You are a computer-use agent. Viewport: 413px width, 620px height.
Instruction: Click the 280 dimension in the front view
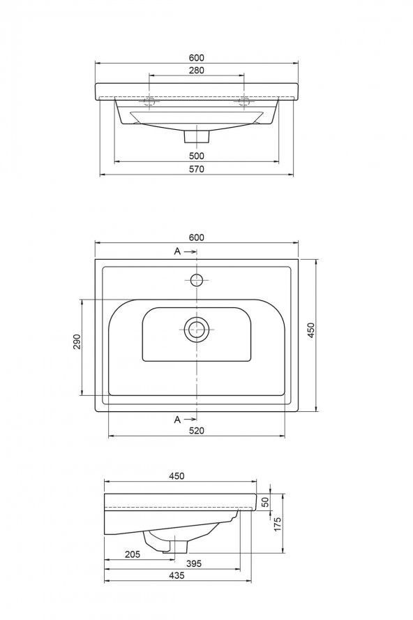(196, 71)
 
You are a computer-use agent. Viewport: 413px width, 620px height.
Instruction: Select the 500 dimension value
(196, 156)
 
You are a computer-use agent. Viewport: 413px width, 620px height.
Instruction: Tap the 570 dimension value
(196, 170)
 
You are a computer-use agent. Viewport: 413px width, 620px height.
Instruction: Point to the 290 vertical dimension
(77, 341)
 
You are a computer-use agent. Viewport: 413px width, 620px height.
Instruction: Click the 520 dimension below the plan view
(196, 431)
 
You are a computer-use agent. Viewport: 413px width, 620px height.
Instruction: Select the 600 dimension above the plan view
(196, 237)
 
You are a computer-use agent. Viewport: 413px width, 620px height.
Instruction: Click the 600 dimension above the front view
(196, 57)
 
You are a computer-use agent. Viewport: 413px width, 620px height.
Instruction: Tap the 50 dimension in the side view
(264, 501)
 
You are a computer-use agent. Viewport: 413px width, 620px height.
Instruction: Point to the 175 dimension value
(277, 524)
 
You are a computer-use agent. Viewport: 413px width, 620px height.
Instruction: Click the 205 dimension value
(133, 554)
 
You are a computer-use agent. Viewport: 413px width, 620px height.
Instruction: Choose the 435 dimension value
(176, 575)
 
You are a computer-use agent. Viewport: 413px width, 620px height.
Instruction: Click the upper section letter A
(177, 251)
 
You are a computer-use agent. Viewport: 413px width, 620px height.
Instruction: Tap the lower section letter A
(177, 419)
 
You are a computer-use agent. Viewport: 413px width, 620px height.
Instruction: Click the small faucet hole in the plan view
(197, 281)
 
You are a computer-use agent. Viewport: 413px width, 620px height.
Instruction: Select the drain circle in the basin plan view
(197, 329)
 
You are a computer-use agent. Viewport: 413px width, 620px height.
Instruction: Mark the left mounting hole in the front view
(151, 102)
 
